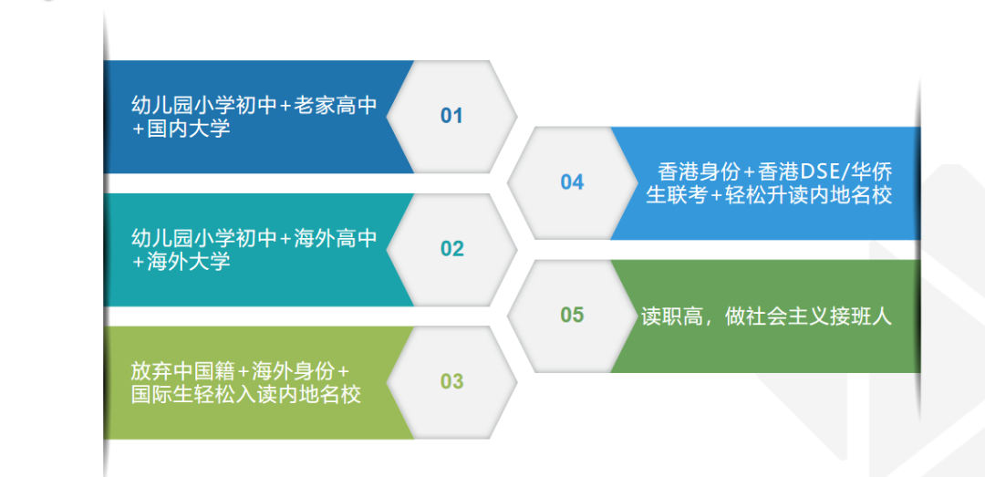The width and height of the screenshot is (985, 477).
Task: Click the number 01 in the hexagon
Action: click(451, 116)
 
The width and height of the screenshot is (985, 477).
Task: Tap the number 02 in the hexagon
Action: click(451, 249)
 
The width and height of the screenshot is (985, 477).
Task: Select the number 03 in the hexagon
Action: click(451, 381)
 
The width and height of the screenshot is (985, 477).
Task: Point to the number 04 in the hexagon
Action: click(572, 182)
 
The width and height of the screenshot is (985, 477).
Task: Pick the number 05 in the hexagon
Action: click(572, 315)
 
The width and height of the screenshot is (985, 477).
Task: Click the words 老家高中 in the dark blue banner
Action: click(336, 106)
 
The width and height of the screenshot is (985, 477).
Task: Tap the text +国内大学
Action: click(181, 129)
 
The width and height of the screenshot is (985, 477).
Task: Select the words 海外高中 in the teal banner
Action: click(336, 238)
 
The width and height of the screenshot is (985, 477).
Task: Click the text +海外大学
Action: click(181, 262)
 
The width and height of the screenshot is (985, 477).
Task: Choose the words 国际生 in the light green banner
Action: click(162, 395)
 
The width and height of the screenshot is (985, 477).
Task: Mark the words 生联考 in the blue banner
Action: click(677, 195)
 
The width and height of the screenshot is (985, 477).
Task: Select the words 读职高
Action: click(671, 316)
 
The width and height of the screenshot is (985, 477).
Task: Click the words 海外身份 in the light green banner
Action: click(293, 371)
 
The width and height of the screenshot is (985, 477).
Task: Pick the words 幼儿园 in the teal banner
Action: click(162, 238)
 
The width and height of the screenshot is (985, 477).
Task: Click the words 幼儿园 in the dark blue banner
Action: click(162, 106)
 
